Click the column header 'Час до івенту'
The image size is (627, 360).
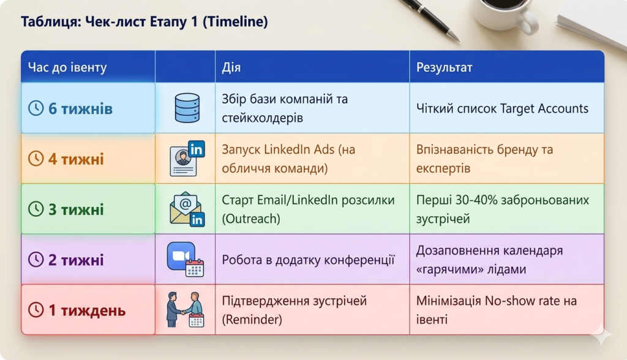(67, 67)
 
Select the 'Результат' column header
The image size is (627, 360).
(445, 67)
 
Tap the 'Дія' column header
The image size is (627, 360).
(231, 67)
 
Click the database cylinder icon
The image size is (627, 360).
(187, 108)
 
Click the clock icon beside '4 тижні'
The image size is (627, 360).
(36, 159)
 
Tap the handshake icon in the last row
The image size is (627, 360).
(185, 310)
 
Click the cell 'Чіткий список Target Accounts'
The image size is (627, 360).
(502, 108)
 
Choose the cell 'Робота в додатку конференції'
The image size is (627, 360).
(309, 260)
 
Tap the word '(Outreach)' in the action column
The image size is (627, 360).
(251, 219)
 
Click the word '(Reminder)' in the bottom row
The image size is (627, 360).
(252, 320)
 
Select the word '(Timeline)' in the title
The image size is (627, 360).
(235, 21)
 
